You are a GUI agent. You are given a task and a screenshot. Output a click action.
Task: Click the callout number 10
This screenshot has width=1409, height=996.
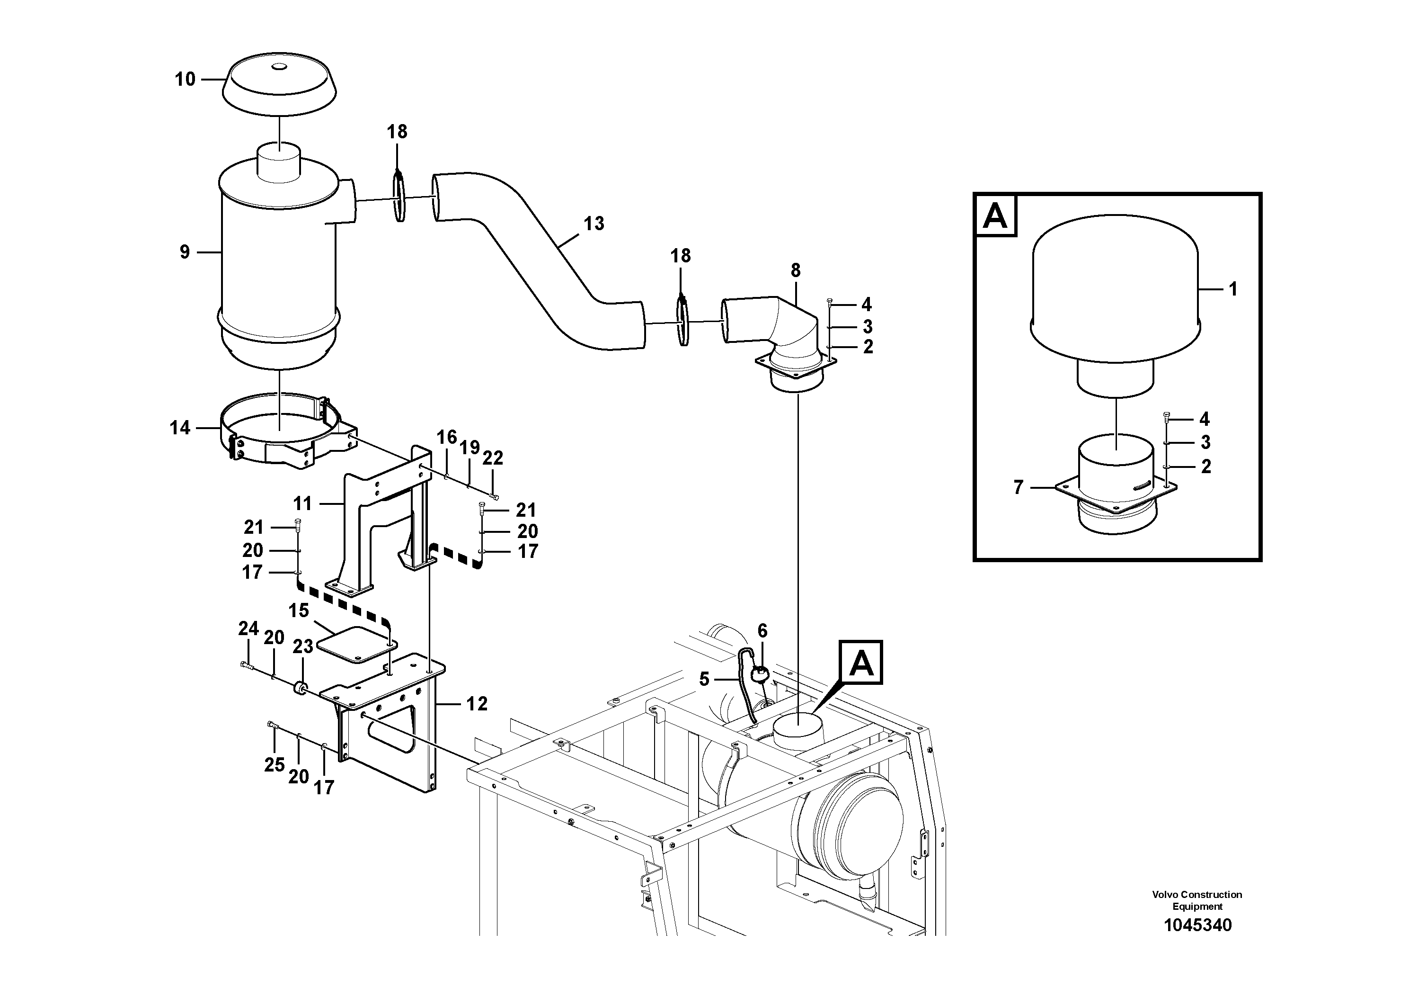click(x=185, y=79)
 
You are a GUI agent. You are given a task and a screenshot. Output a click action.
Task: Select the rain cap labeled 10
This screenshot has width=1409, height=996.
click(x=279, y=86)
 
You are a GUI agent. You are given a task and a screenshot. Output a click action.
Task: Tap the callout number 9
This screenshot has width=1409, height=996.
click(x=185, y=252)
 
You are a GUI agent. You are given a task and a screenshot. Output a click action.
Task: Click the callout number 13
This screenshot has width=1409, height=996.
click(x=594, y=224)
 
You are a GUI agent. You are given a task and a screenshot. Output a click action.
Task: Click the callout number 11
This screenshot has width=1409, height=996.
click(x=302, y=504)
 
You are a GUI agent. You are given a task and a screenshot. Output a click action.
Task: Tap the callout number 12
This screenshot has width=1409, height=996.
click(x=477, y=704)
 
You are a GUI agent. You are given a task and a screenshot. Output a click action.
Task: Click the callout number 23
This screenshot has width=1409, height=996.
click(x=302, y=646)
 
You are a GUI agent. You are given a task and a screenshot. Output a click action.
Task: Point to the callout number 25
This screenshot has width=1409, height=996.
click(x=275, y=764)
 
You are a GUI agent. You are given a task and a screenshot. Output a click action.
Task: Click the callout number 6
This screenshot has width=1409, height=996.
click(x=762, y=631)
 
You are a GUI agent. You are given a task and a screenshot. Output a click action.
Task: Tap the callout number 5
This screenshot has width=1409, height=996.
click(x=704, y=679)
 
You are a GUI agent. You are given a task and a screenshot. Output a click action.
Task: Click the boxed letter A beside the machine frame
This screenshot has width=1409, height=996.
click(x=861, y=663)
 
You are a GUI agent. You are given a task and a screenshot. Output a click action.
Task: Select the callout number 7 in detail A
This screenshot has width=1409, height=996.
click(x=1018, y=487)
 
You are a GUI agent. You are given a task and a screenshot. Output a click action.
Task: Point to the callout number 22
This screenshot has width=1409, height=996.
click(x=493, y=458)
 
